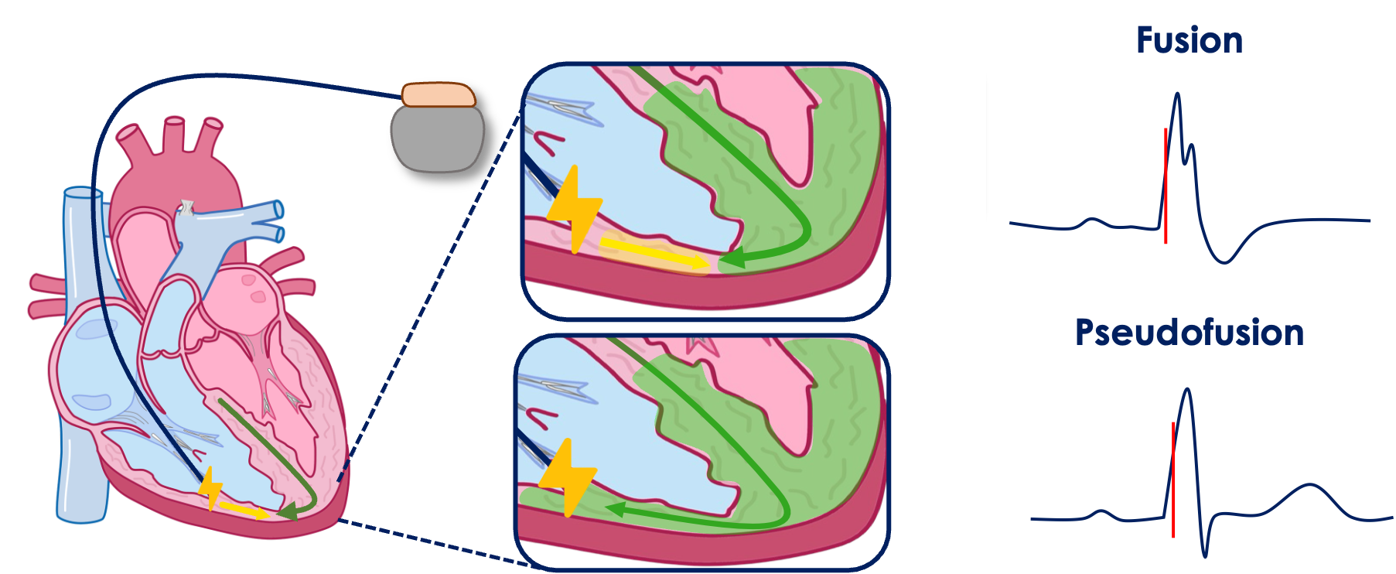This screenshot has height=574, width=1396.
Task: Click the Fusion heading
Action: (x=1190, y=40)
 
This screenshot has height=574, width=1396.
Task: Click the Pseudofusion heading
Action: (x=1190, y=333)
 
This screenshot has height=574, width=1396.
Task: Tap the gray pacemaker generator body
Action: (x=438, y=138)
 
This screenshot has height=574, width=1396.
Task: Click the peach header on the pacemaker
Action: (x=439, y=94)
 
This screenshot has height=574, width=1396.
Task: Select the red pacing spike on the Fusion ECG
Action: (x=1166, y=186)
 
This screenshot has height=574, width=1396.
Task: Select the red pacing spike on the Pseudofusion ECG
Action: (x=1173, y=480)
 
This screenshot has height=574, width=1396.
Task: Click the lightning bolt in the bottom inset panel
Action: (x=568, y=477)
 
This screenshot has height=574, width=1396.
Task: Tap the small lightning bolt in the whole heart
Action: (x=210, y=489)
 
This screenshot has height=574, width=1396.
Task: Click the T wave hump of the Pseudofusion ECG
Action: (x=1309, y=485)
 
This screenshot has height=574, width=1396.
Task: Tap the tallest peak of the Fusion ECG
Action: (x=1177, y=94)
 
